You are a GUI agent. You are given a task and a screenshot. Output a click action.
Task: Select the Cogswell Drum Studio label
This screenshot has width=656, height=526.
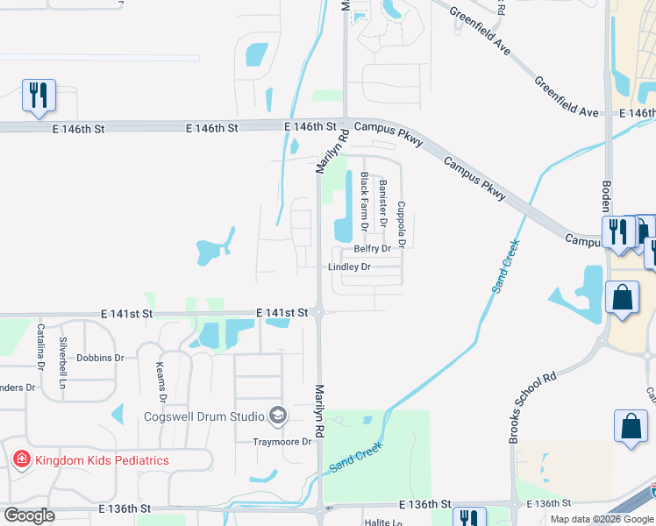pos(210,415)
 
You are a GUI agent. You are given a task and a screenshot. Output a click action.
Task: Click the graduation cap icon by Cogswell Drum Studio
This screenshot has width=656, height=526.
pos(279,415)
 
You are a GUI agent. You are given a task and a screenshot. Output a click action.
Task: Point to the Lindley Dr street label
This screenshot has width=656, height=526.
pos(349,267)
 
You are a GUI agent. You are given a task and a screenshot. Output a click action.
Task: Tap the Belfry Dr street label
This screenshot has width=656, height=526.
pos(372,250)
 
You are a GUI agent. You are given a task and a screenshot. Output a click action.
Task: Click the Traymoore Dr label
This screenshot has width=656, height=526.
pos(282,442)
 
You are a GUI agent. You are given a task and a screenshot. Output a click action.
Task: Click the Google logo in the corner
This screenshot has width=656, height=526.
pos(29,515)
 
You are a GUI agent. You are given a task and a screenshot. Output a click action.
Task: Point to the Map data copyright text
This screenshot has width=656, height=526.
pos(602,519)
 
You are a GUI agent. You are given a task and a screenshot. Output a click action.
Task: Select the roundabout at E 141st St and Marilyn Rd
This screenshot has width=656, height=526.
pos(319,312)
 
